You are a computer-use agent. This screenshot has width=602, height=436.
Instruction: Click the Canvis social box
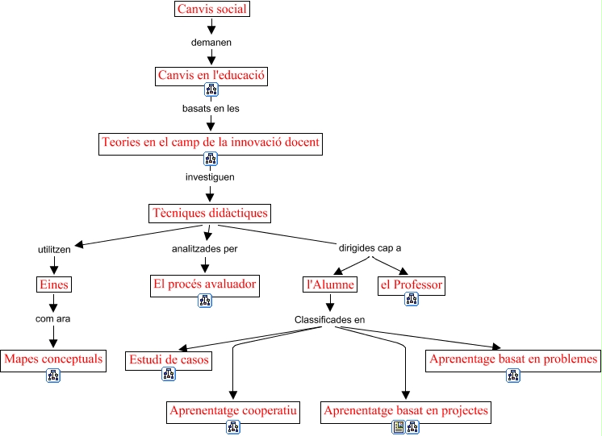211,10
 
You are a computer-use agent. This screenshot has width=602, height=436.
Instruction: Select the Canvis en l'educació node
211,76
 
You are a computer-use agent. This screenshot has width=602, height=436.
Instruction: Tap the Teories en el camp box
211,143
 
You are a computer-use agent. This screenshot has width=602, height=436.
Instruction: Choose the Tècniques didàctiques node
210,214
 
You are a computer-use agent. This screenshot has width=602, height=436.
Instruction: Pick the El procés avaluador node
205,284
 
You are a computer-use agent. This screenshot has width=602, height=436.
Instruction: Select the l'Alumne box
330,284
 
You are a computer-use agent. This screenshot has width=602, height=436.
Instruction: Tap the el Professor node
412,284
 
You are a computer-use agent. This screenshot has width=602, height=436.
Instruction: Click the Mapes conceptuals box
54,359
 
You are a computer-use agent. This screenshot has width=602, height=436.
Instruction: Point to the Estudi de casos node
169,359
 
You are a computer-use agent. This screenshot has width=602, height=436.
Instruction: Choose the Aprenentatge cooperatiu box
234,411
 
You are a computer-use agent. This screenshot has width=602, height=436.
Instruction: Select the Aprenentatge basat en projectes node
406,411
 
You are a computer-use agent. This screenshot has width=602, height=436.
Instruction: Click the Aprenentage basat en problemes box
513,359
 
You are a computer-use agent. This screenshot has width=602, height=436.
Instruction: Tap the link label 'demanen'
211,42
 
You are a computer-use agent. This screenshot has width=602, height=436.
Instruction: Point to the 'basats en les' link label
211,108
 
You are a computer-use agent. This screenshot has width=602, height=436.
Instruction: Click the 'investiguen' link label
210,176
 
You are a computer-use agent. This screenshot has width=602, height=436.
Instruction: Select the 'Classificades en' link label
330,319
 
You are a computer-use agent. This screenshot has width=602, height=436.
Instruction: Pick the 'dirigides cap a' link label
370,248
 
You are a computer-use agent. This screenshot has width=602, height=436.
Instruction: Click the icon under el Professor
412,300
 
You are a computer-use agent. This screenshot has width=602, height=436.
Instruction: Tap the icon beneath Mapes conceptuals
53,375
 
